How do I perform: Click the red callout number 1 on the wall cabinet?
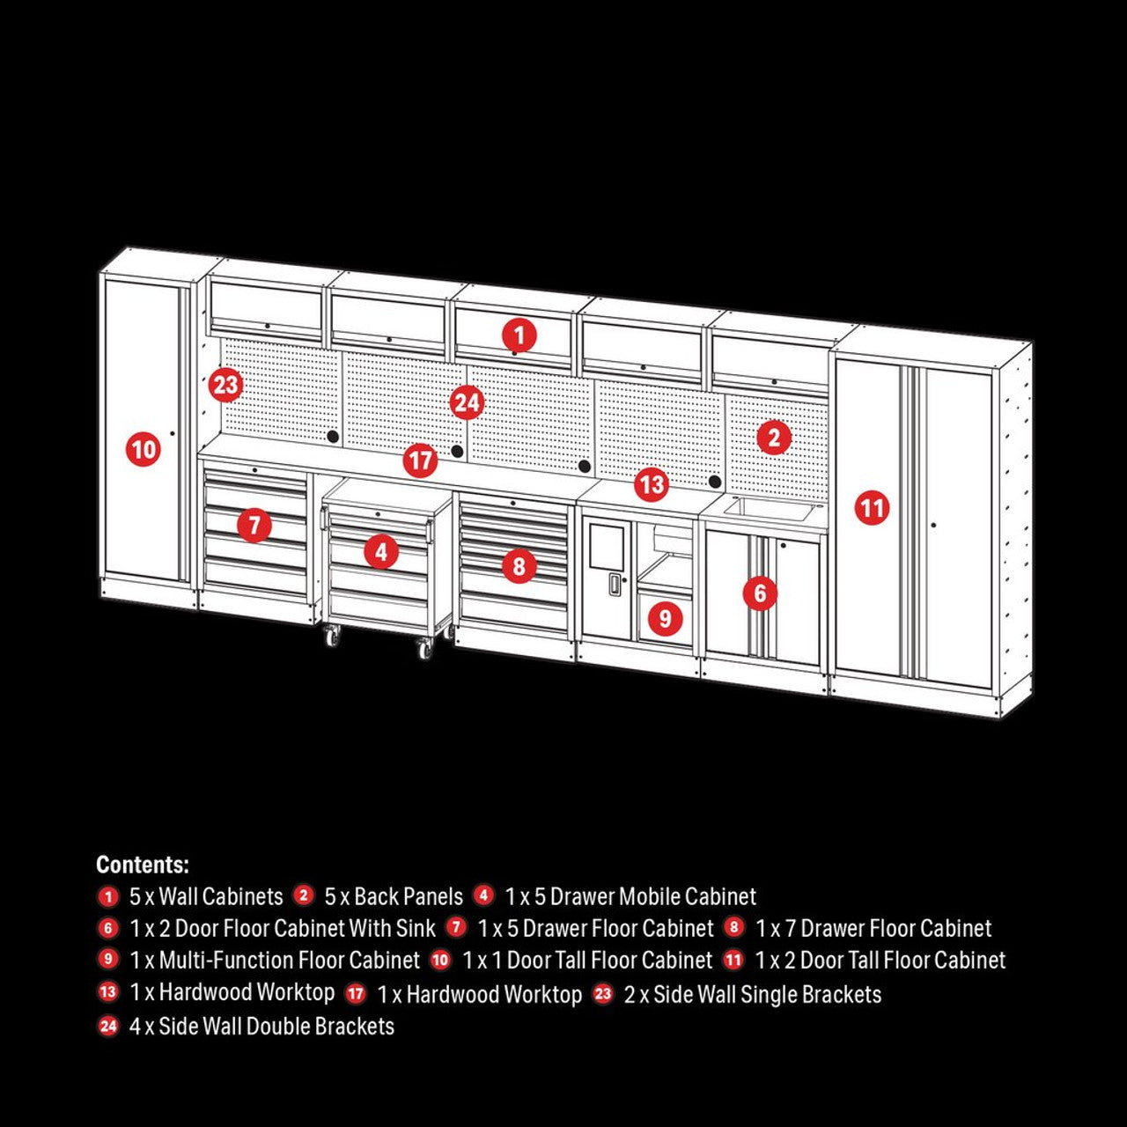[x=519, y=335]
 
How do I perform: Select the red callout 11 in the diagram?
[x=872, y=508]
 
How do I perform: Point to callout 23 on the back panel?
[x=225, y=385]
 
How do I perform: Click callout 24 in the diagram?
[x=467, y=403]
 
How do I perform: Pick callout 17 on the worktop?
[x=421, y=460]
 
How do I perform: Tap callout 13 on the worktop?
[x=651, y=483]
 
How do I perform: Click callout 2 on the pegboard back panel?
[x=774, y=438]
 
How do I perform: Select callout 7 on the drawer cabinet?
[x=254, y=526]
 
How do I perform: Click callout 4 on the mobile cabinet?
[x=380, y=552]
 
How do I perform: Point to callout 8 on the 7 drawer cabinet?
[x=519, y=565]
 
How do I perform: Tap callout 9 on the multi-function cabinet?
[x=665, y=618]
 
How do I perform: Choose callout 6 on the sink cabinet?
[x=760, y=593]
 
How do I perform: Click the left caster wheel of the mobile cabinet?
[x=332, y=635]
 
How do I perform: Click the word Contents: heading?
[x=143, y=865]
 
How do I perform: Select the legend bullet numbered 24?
[x=108, y=1026]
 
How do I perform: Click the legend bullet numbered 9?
[x=108, y=960]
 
